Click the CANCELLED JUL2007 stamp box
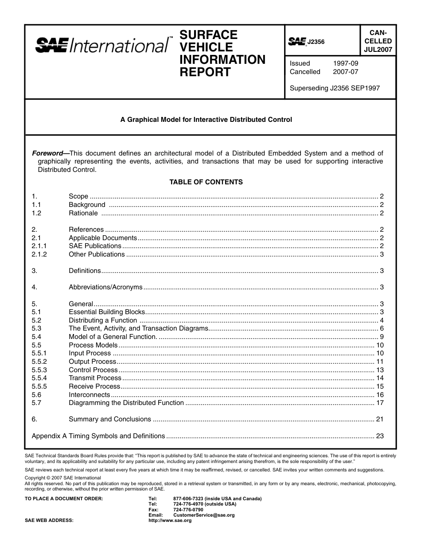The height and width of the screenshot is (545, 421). tap(378, 41)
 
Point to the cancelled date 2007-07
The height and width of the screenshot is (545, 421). tap(345, 72)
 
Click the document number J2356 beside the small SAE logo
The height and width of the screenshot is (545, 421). tap(316, 42)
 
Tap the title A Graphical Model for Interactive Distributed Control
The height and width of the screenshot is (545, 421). tap(206, 120)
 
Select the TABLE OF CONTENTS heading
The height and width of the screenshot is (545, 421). tap(206, 182)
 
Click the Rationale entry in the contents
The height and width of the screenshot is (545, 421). tap(83, 213)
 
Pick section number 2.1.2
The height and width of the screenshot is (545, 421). tap(39, 254)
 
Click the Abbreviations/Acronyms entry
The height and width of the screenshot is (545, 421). tap(105, 287)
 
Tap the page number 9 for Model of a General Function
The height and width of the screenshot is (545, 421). tap(381, 337)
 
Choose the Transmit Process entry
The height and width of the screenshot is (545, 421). tap(95, 378)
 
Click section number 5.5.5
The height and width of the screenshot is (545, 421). tap(39, 386)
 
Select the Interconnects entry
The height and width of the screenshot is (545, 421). tap(89, 395)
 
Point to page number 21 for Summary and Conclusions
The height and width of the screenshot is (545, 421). tap(379, 419)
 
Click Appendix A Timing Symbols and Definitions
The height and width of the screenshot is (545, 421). tap(98, 436)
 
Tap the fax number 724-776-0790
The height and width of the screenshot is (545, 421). tap(188, 510)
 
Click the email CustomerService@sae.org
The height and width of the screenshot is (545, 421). tap(204, 515)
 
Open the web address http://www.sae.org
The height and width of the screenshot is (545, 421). tap(170, 521)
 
